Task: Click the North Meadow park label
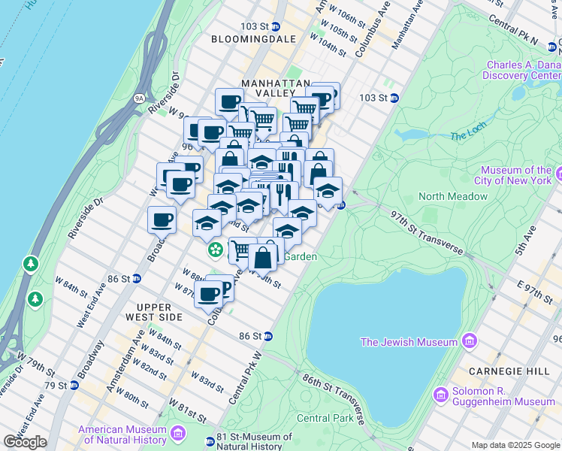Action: tap(452, 196)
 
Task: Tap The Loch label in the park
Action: tap(469, 136)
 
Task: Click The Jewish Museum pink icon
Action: tap(470, 342)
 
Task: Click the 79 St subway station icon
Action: tap(74, 386)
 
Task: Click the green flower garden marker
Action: tap(216, 249)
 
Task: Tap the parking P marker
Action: tap(223, 288)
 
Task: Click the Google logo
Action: tap(25, 442)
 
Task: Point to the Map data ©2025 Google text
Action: tap(515, 445)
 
